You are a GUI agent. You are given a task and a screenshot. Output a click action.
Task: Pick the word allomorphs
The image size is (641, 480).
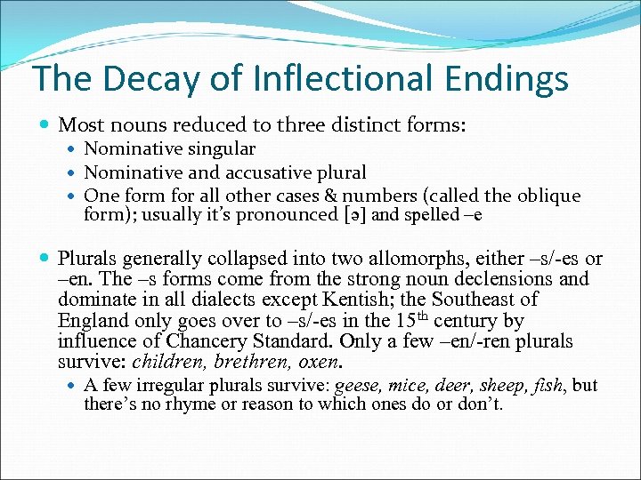coord(414,259)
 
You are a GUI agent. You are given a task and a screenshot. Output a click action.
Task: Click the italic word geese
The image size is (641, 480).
coord(356,387)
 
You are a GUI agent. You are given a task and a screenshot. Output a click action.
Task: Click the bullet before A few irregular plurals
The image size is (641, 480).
coord(70,386)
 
